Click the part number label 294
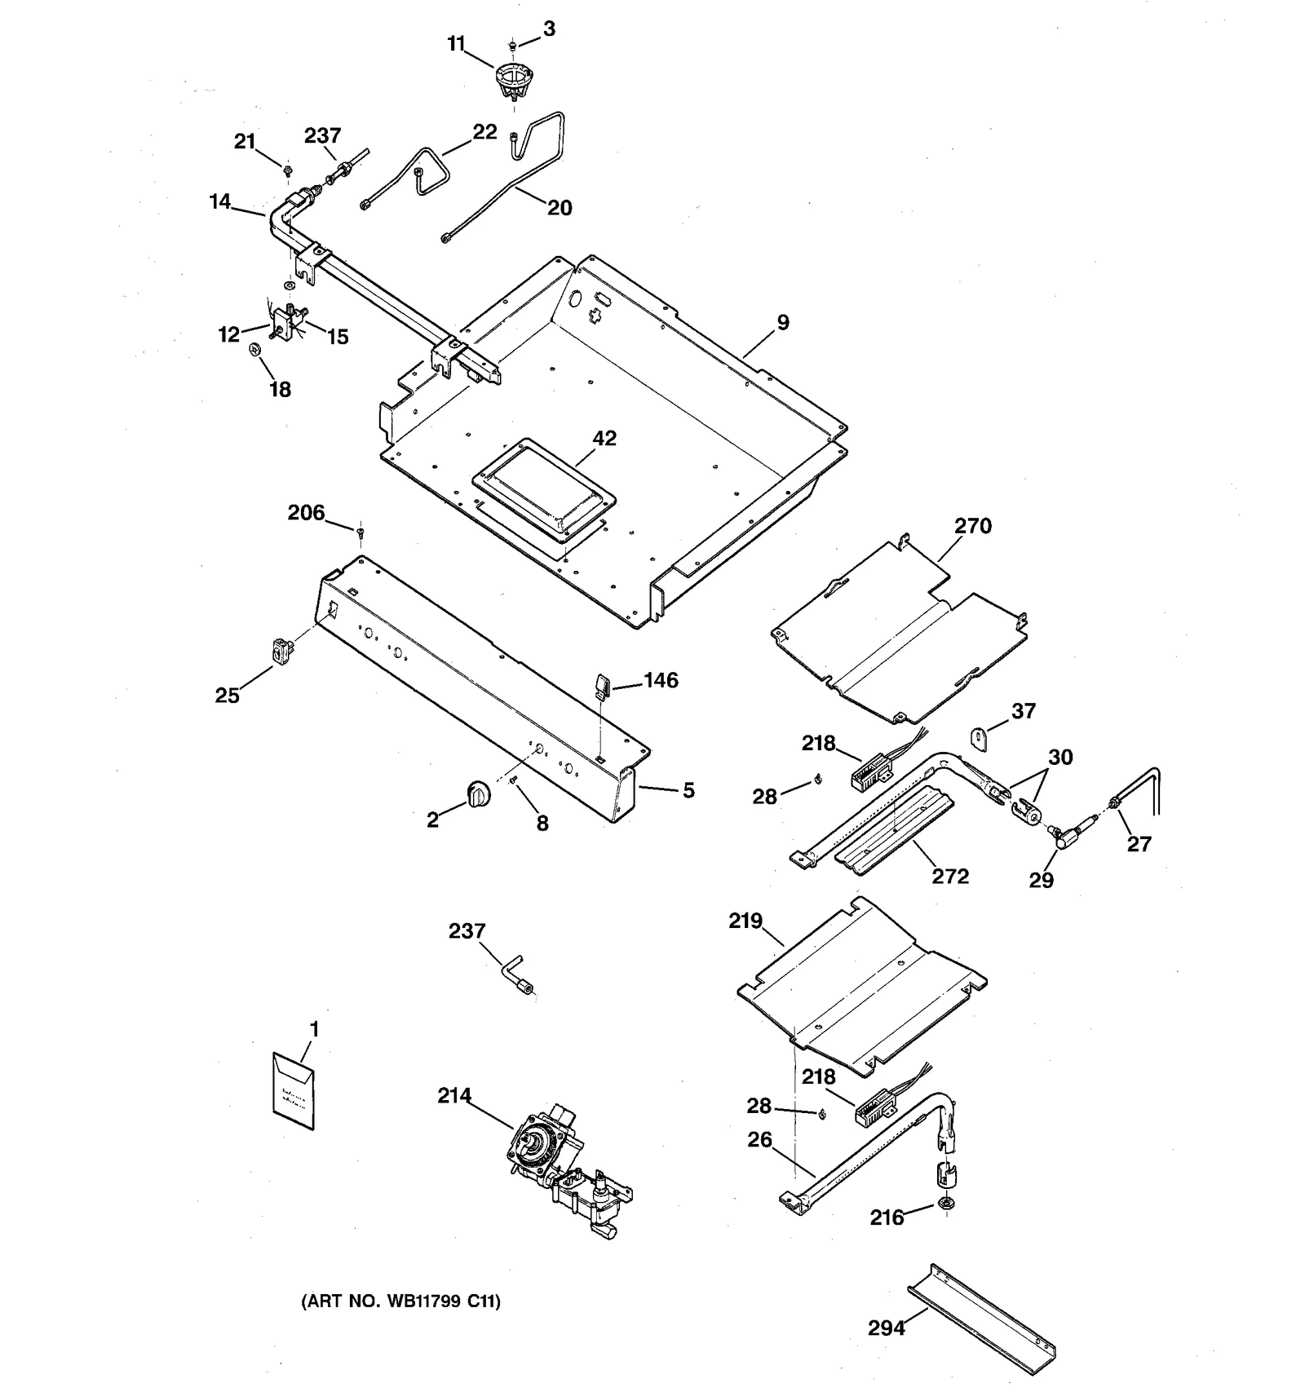pos(886,1328)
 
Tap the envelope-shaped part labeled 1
pos(293,1091)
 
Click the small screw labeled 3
pos(512,44)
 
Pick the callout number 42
pos(604,438)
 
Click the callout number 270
pos(972,526)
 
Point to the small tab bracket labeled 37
pos(979,737)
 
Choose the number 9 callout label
pos(783,323)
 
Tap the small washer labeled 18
pos(254,349)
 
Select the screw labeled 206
pos(360,532)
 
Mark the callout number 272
pos(949,877)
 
